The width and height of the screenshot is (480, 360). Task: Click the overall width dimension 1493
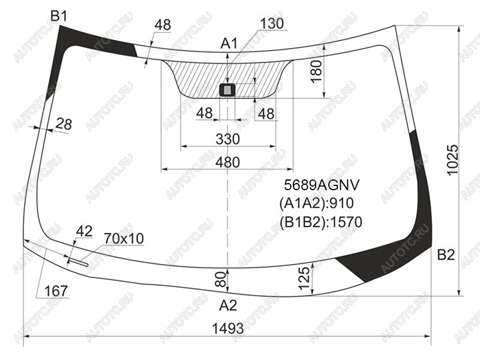pos(228,329)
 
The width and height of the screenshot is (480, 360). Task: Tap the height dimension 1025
pos(453,160)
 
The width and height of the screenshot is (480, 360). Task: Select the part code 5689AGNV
pos(322,185)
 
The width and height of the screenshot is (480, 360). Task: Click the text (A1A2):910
pos(317,203)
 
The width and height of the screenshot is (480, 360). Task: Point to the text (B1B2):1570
pos(321,222)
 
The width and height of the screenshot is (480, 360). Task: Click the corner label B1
pos(58,16)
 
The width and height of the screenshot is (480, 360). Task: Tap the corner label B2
pos(446,254)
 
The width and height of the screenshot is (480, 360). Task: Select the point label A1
pos(229,44)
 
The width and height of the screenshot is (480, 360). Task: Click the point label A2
pos(228,305)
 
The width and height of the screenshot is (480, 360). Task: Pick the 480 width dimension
pos(227,162)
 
